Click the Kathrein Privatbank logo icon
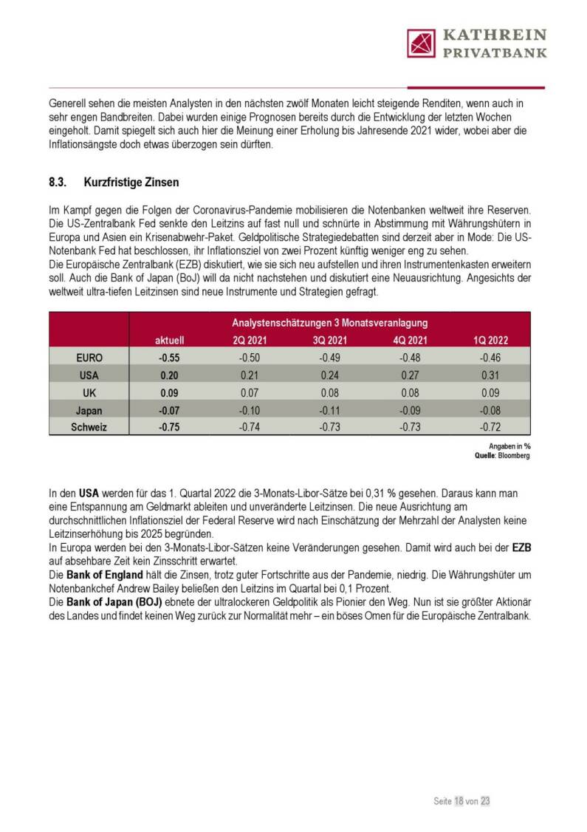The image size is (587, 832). pyautogui.click(x=421, y=43)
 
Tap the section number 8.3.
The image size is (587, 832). pyautogui.click(x=59, y=183)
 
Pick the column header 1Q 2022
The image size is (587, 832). pyautogui.click(x=490, y=341)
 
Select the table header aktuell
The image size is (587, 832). pyautogui.click(x=169, y=341)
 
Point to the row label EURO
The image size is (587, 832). pyautogui.click(x=89, y=358)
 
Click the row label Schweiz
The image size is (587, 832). pyautogui.click(x=89, y=427)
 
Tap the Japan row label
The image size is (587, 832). pyautogui.click(x=89, y=410)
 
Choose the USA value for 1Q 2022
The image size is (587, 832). pyautogui.click(x=490, y=375)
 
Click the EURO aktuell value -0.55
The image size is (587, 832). pyautogui.click(x=169, y=358)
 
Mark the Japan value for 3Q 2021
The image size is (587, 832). pyautogui.click(x=329, y=410)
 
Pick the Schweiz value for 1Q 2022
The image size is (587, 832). pyautogui.click(x=490, y=427)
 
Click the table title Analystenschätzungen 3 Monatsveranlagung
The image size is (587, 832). pyautogui.click(x=329, y=323)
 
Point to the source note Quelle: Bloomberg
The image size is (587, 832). pyautogui.click(x=502, y=456)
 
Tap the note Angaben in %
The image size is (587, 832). pyautogui.click(x=509, y=446)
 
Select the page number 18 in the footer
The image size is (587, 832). pyautogui.click(x=459, y=801)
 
